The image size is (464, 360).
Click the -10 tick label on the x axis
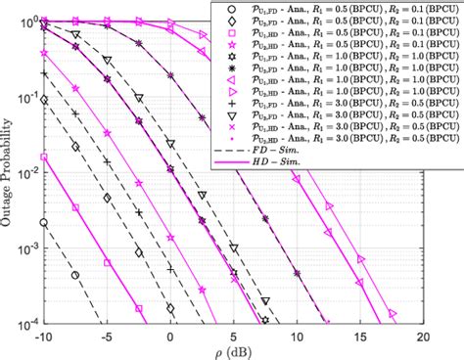pyautogui.click(x=43, y=336)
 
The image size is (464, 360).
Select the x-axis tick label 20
pyautogui.click(x=423, y=336)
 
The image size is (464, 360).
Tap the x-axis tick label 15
pyautogui.click(x=359, y=336)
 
